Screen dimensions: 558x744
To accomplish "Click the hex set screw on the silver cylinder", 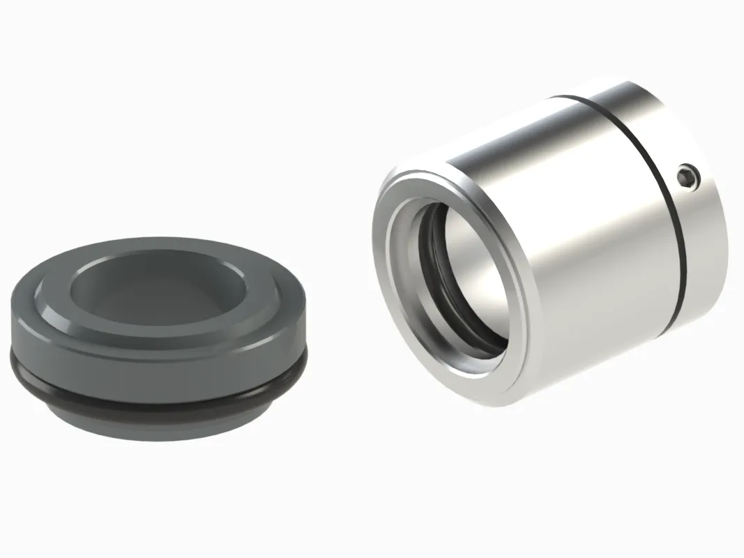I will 688,177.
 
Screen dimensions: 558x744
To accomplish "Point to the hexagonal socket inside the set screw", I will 688,177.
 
